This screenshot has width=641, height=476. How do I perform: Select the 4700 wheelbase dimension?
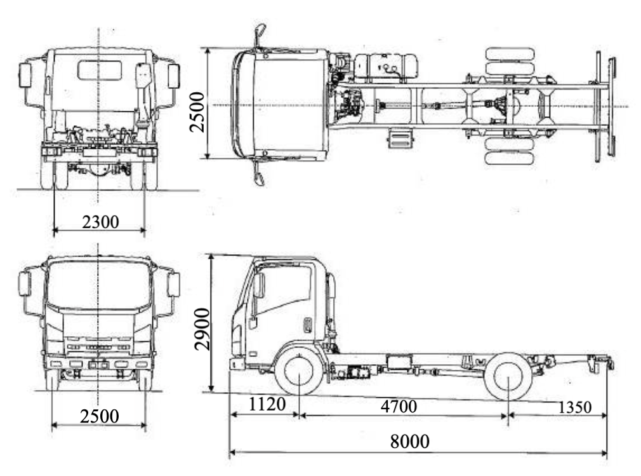pos(399,407)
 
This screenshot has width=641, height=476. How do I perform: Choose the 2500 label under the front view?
pos(100,416)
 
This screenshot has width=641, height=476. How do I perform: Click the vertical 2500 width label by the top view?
pos(198,111)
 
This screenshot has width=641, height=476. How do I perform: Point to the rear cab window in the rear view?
pos(100,70)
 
